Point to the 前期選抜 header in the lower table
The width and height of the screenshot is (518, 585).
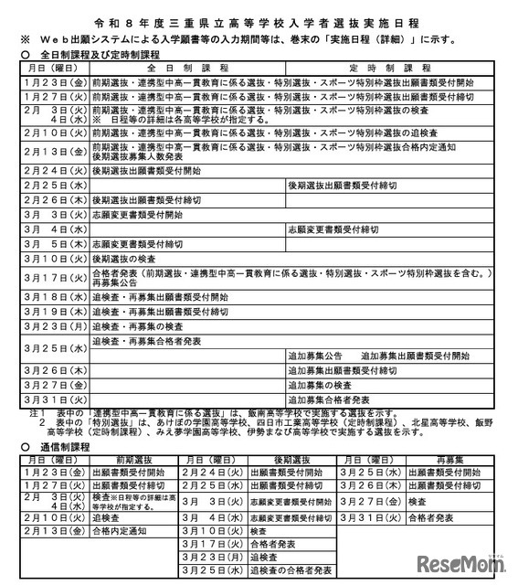tap(122, 461)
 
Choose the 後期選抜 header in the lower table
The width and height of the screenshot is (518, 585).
tap(291, 461)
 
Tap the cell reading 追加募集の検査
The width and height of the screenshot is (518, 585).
tap(325, 385)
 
